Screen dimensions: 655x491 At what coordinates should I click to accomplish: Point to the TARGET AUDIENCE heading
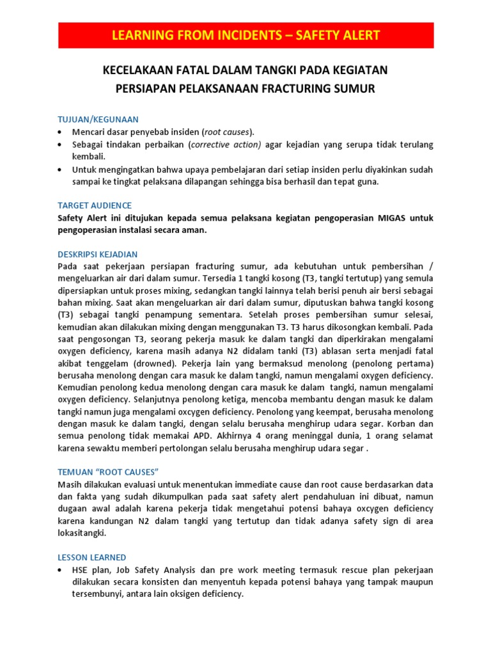95,205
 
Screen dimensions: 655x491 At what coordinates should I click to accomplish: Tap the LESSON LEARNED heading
92,557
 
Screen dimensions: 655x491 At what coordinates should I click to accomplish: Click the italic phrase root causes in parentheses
227,132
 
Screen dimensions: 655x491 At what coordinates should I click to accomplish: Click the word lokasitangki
82,533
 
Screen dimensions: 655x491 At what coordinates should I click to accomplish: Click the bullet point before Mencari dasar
60,132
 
